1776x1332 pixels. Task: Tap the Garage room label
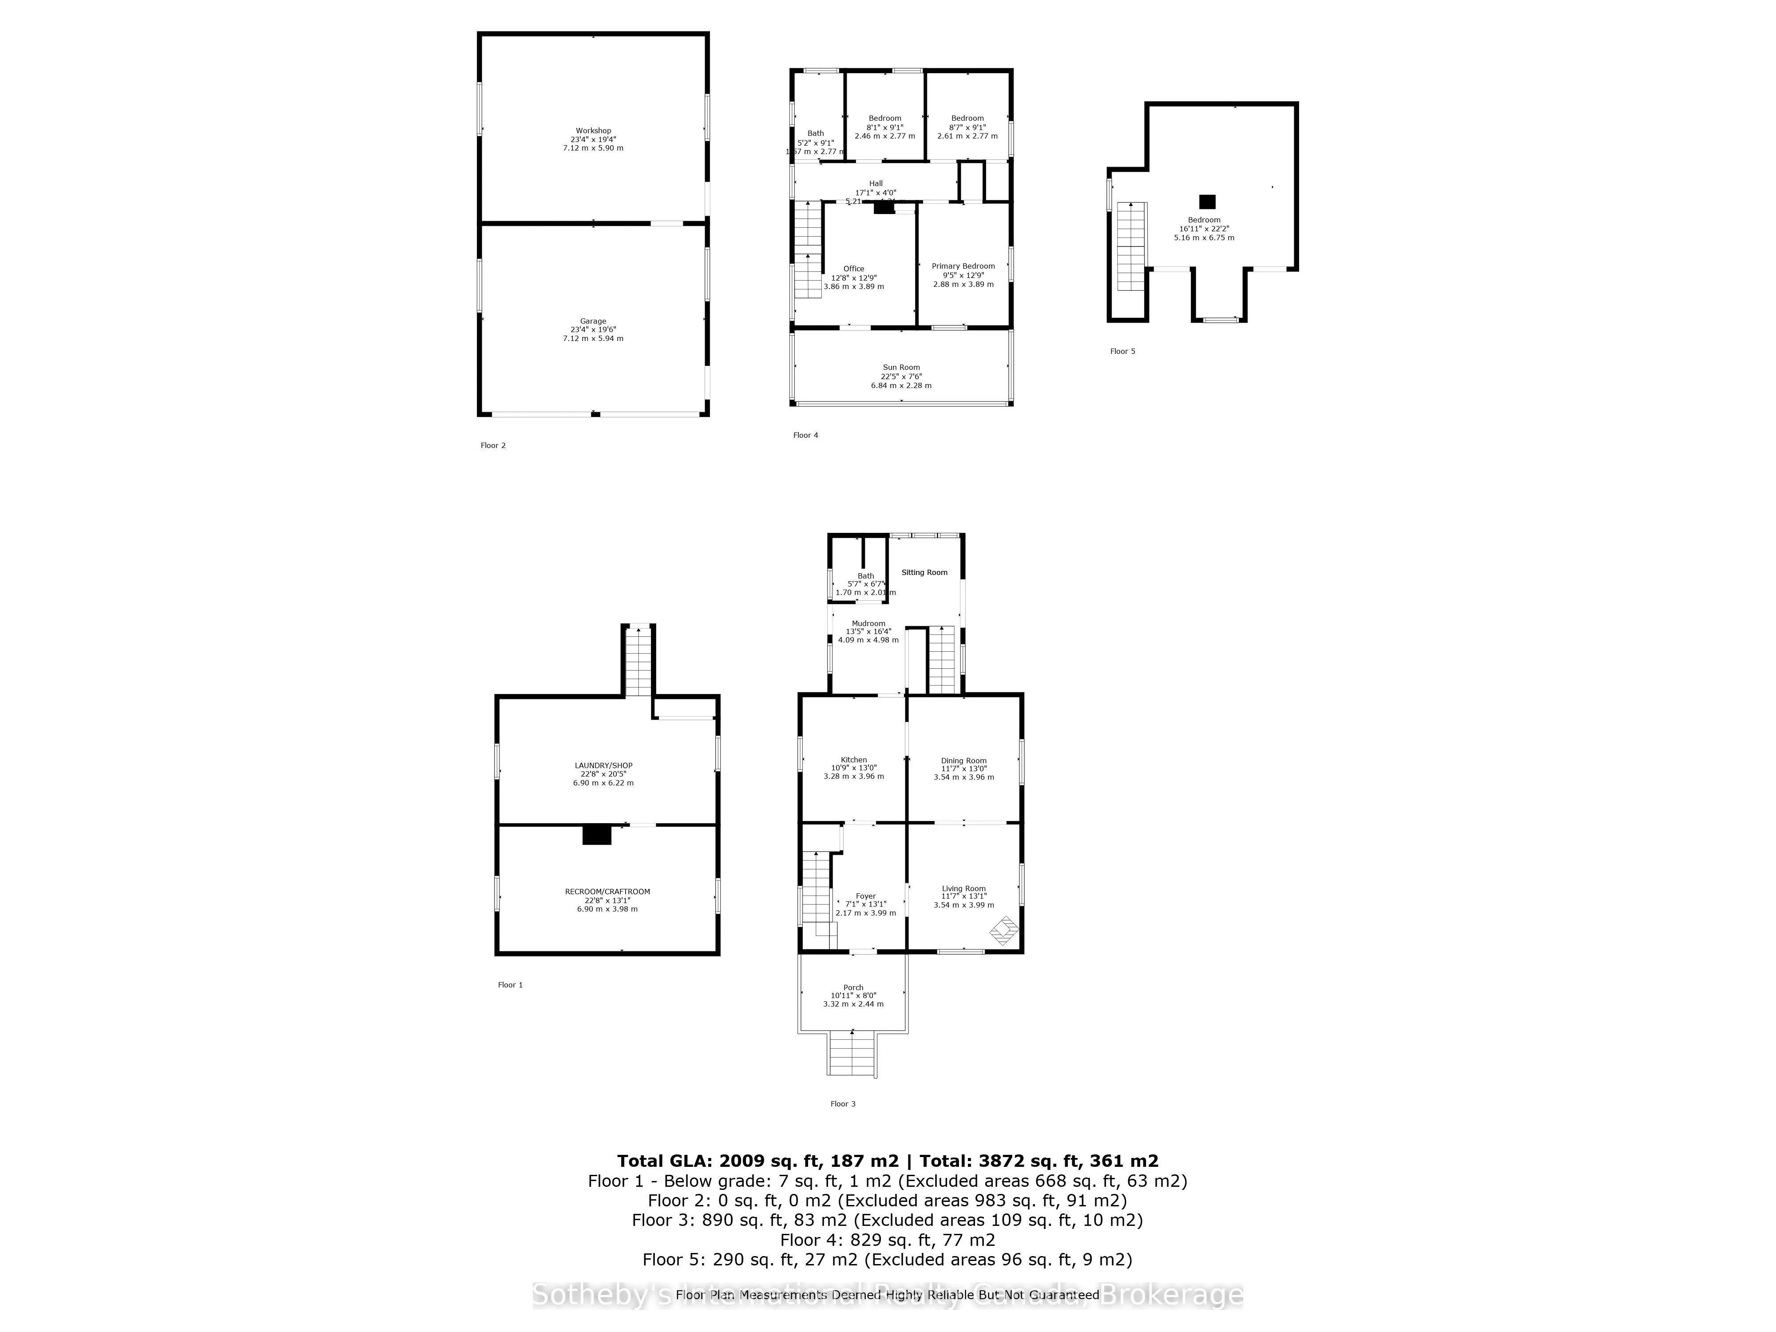pos(593,321)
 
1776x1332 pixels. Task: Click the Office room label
pos(853,269)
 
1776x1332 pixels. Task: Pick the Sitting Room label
pos(924,572)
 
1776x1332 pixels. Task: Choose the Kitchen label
pos(853,760)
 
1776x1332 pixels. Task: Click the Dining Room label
pos(963,760)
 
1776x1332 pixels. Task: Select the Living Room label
pos(963,889)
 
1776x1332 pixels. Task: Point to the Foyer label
pos(865,896)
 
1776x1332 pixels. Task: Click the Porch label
pos(852,987)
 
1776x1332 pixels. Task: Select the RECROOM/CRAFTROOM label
pos(607,891)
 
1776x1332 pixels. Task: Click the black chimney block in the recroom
pos(597,835)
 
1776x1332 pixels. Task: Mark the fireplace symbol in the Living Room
pos(1003,932)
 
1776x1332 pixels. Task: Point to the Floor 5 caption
pos(1122,351)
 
